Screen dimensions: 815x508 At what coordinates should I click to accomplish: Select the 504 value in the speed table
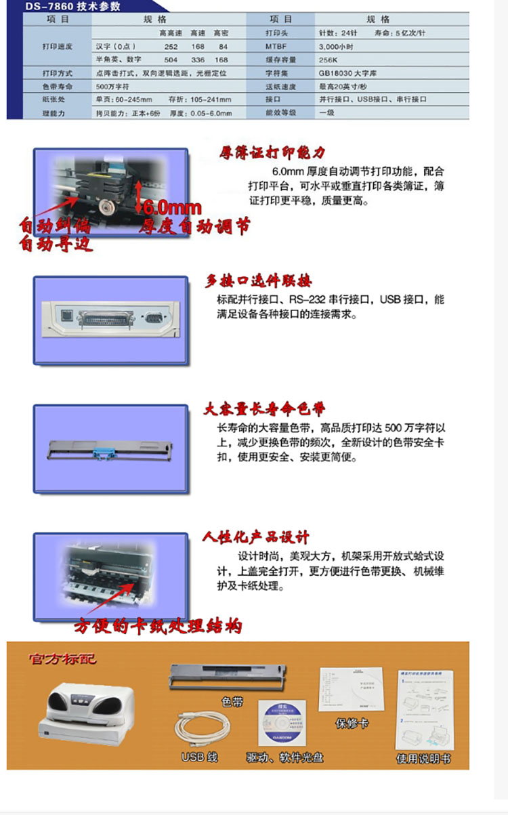(171, 60)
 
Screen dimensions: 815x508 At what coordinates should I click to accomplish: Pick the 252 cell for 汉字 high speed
(171, 46)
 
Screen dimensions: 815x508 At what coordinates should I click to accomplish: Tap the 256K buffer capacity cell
(329, 60)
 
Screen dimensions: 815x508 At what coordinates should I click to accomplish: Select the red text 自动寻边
(56, 244)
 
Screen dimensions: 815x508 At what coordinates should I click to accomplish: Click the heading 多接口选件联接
(259, 281)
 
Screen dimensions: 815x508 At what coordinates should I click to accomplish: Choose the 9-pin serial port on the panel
(153, 316)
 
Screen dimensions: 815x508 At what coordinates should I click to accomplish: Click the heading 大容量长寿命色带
(265, 409)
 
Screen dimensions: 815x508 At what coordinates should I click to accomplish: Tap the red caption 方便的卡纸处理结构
(158, 626)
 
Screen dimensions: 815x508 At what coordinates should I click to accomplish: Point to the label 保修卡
(352, 724)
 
